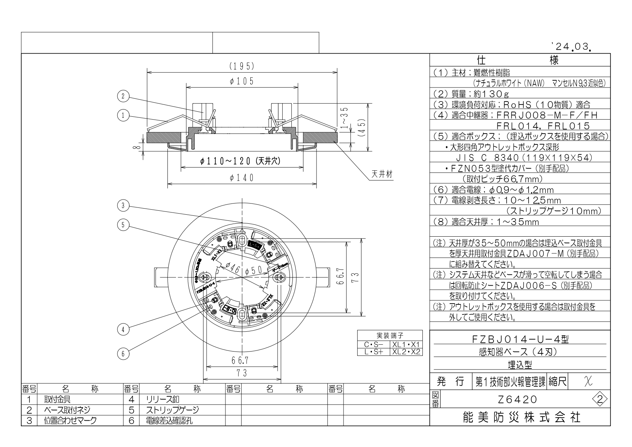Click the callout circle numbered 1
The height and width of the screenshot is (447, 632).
pyautogui.click(x=123, y=116)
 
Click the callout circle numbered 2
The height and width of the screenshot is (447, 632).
pyautogui.click(x=123, y=96)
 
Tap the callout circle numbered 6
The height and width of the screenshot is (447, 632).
pyautogui.click(x=123, y=354)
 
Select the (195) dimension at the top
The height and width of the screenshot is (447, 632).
pyautogui.click(x=242, y=66)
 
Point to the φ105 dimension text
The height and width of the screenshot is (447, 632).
pyautogui.click(x=242, y=81)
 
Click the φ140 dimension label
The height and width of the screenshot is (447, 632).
pyautogui.click(x=242, y=178)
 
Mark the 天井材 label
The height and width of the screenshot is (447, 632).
pyautogui.click(x=381, y=175)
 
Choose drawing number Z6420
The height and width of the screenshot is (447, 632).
pyautogui.click(x=516, y=399)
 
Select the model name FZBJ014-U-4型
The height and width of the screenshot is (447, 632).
pyautogui.click(x=520, y=339)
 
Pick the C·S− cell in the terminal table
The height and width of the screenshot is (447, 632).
pyautogui.click(x=373, y=345)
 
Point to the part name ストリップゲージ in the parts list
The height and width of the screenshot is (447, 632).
pyautogui.click(x=172, y=410)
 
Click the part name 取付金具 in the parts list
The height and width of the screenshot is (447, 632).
pyautogui.click(x=58, y=399)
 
